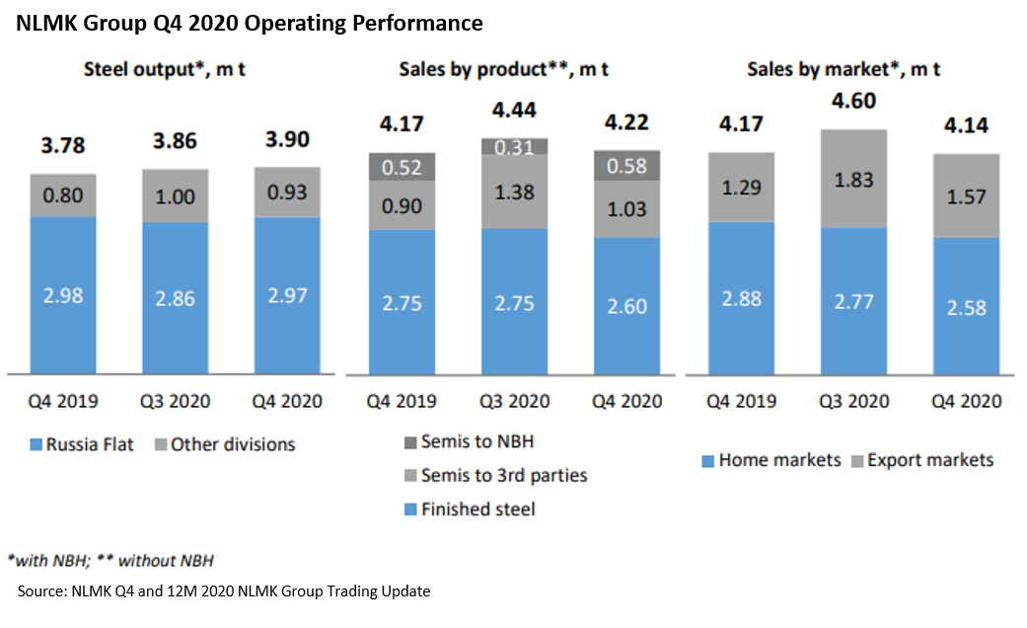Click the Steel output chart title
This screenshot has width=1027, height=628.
point(172,69)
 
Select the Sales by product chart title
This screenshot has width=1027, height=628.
point(503,69)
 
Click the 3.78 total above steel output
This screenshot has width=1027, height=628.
point(62,146)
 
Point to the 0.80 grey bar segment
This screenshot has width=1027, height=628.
point(62,196)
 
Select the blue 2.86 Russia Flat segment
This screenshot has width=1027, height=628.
point(176,297)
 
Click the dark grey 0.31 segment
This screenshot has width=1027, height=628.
point(514,146)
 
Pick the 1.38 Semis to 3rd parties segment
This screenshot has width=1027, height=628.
point(514,192)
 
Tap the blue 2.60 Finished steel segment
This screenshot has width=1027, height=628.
point(626,306)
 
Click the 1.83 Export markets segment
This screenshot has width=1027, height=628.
point(853,179)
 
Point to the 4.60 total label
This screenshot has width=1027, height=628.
point(853,101)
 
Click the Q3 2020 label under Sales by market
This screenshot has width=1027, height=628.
point(853,402)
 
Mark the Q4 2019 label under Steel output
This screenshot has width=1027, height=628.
point(62,402)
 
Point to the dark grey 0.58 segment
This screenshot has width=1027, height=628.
point(626,165)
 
